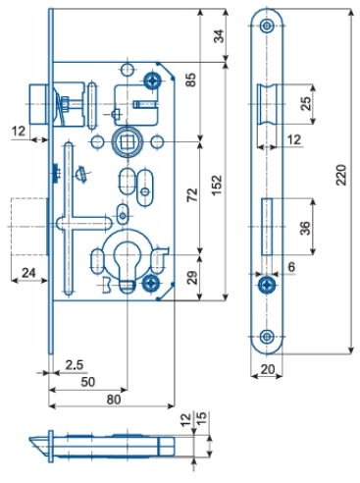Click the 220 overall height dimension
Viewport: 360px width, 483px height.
341,175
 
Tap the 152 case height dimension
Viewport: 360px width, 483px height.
217,186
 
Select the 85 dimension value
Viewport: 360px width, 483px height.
190,80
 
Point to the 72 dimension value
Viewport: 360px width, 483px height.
192,194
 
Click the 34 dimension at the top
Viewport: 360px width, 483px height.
219,36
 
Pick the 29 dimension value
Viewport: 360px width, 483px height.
193,278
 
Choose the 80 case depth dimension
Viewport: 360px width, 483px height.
114,400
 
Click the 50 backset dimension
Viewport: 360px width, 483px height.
87,382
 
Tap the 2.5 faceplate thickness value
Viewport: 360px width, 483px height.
75,365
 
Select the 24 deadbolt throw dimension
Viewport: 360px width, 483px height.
28,272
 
